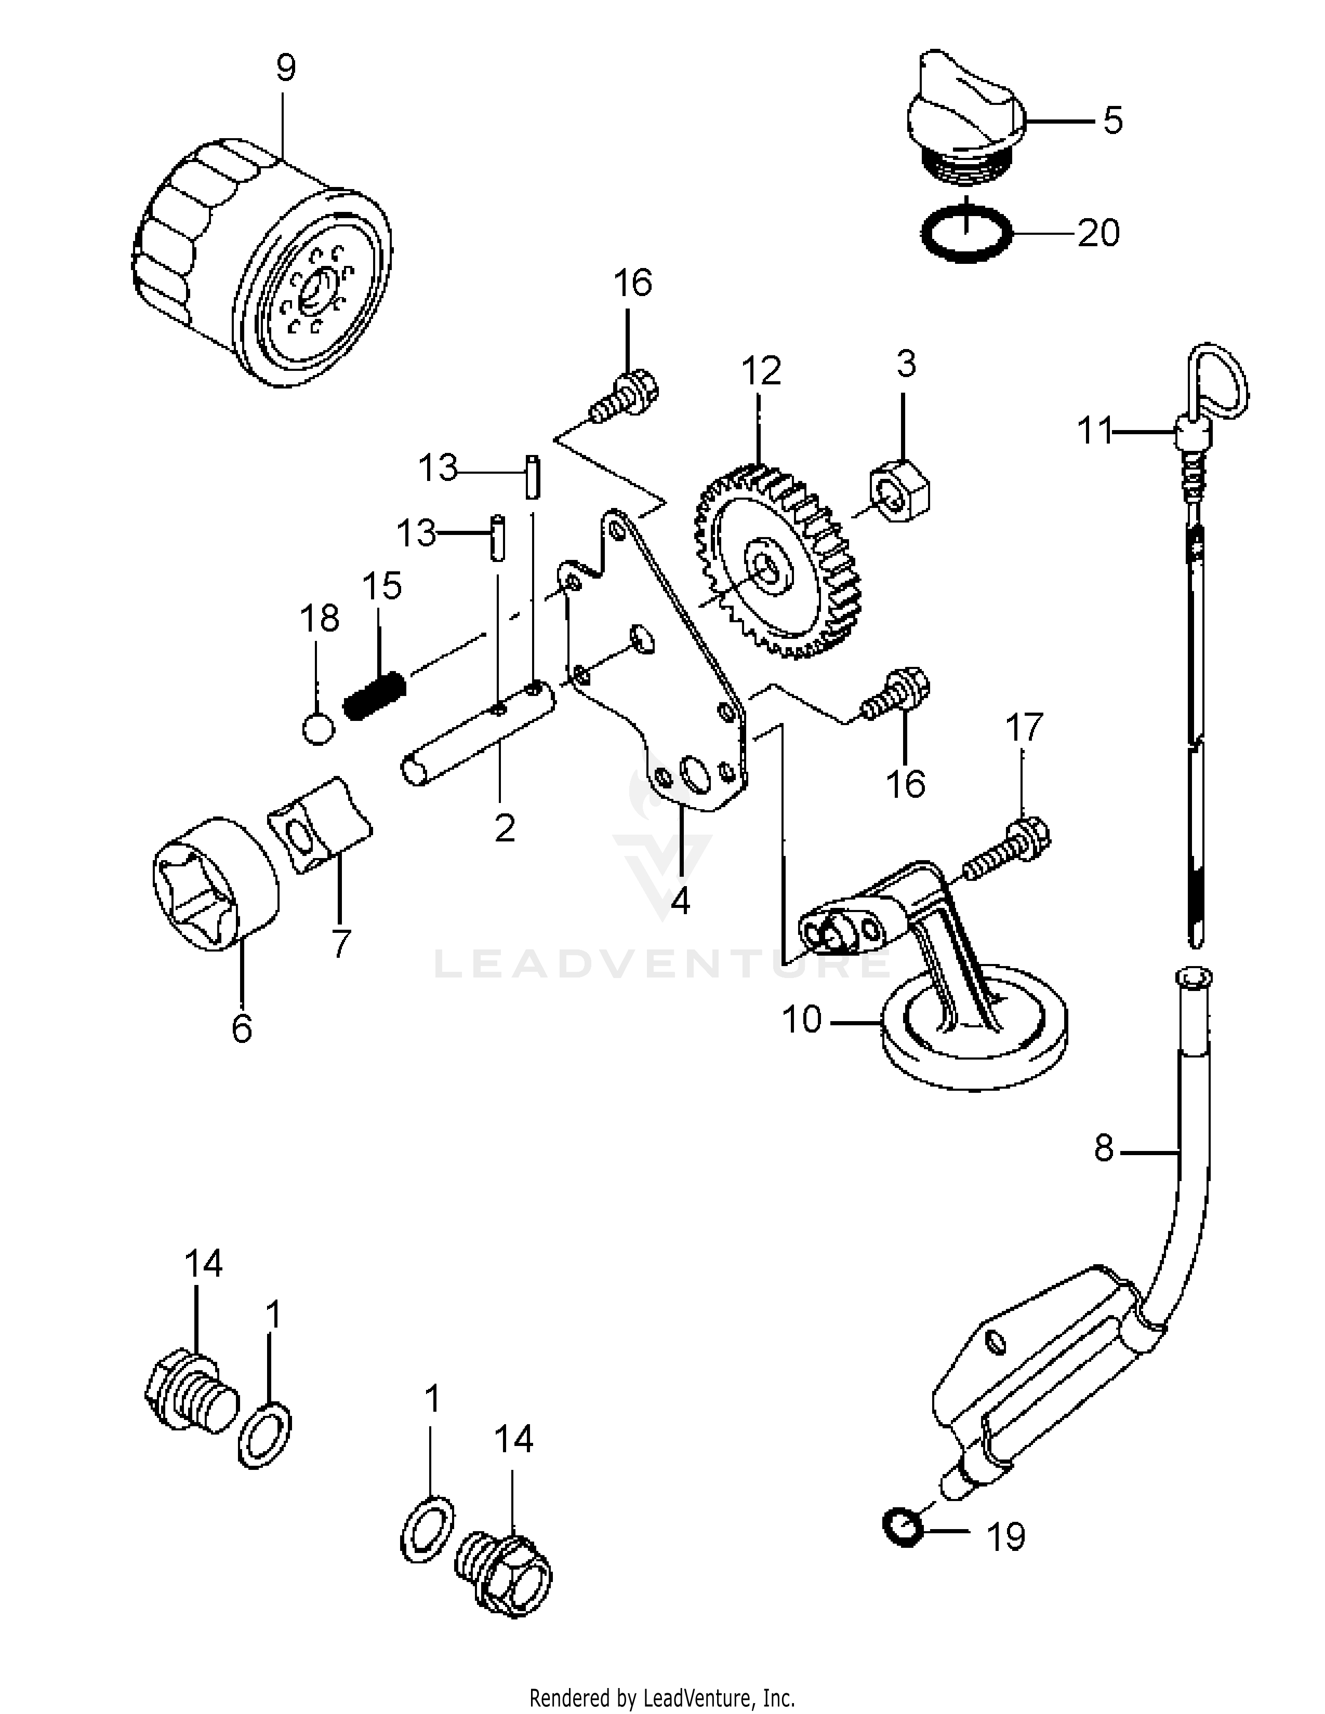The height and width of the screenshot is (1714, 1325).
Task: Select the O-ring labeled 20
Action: [x=965, y=233]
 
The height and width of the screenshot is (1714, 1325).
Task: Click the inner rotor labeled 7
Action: [x=320, y=824]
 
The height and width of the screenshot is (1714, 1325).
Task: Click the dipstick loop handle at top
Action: [x=1217, y=381]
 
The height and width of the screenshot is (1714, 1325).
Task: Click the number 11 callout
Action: [x=1094, y=431]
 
